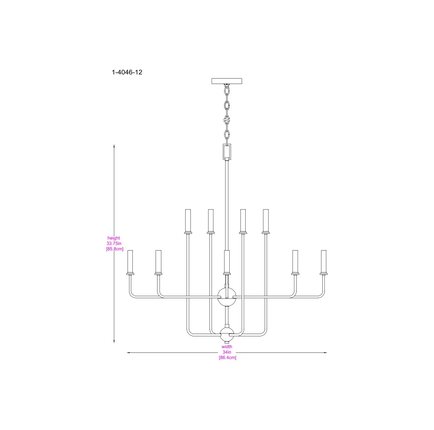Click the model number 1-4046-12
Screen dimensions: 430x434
(x=127, y=72)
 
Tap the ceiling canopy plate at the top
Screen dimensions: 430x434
(x=226, y=81)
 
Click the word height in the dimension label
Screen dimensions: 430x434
(x=114, y=238)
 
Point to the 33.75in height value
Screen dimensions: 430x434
(x=114, y=244)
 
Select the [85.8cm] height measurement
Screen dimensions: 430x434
(x=114, y=249)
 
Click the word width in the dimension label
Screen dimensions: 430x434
(x=227, y=347)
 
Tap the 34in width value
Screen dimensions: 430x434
(x=227, y=352)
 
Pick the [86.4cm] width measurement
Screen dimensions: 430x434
(x=227, y=357)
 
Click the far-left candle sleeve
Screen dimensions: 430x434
(x=130, y=262)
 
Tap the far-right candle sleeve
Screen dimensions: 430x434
(x=323, y=262)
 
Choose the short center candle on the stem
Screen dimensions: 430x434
(x=227, y=262)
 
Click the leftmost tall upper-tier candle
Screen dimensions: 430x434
(x=187, y=221)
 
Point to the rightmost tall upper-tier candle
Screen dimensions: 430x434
(x=266, y=221)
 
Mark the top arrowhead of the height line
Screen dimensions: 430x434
(x=114, y=146)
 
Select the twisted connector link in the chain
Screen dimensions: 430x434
(x=227, y=119)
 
